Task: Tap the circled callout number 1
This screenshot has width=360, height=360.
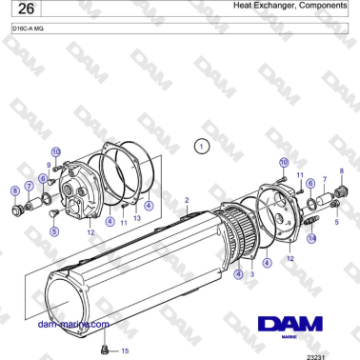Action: [200, 147]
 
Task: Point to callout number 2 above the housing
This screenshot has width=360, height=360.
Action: [188, 201]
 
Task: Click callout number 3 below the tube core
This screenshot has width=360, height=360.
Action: [251, 274]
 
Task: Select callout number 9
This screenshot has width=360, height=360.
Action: [49, 165]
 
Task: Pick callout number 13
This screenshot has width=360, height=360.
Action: [137, 218]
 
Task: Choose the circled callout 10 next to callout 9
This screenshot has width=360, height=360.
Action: [56, 152]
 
